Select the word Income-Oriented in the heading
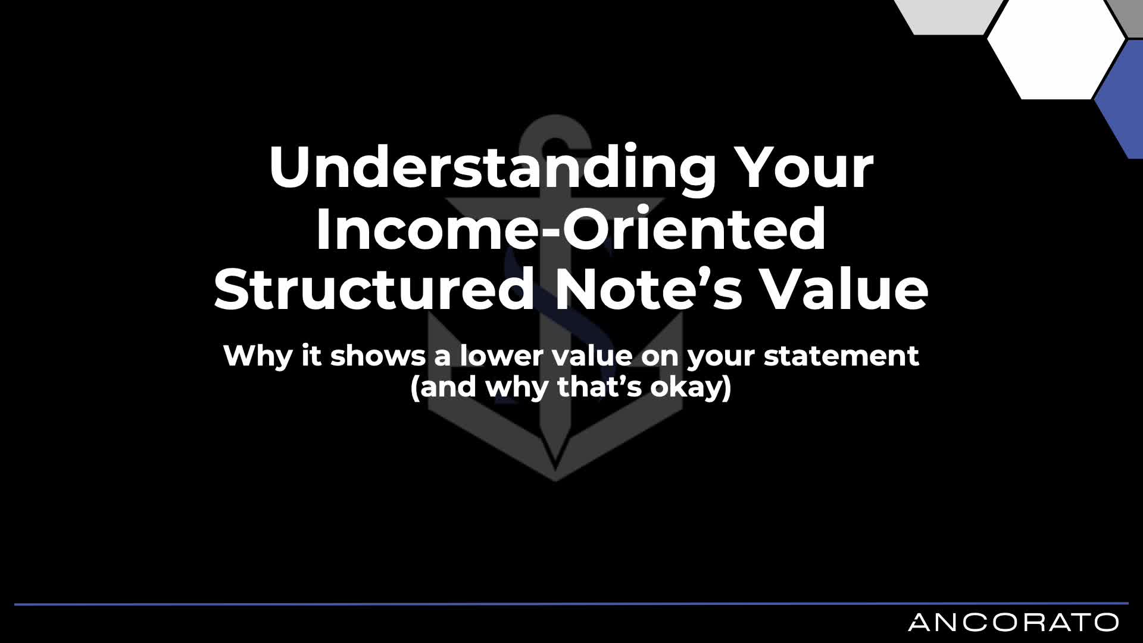pos(571,229)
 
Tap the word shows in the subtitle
pos(378,356)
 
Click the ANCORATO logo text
pos(1013,623)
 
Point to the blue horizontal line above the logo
pos(571,604)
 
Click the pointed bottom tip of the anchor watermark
pos(555,480)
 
